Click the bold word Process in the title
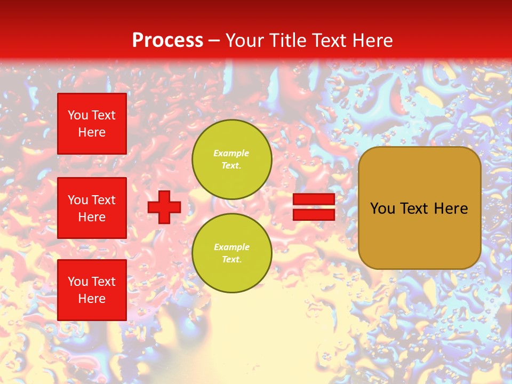tap(167, 40)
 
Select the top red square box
tap(92, 124)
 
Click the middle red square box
tap(92, 208)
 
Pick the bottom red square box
tap(92, 290)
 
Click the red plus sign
tap(164, 207)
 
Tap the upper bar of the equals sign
tap(314, 199)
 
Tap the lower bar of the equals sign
tap(314, 214)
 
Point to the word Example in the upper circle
tap(231, 153)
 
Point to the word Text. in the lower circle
tap(231, 259)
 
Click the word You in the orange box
tap(382, 209)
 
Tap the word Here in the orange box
tap(451, 209)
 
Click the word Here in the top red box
tap(92, 132)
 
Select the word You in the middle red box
tap(78, 200)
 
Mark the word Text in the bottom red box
tap(103, 282)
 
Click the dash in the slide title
tap(214, 41)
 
